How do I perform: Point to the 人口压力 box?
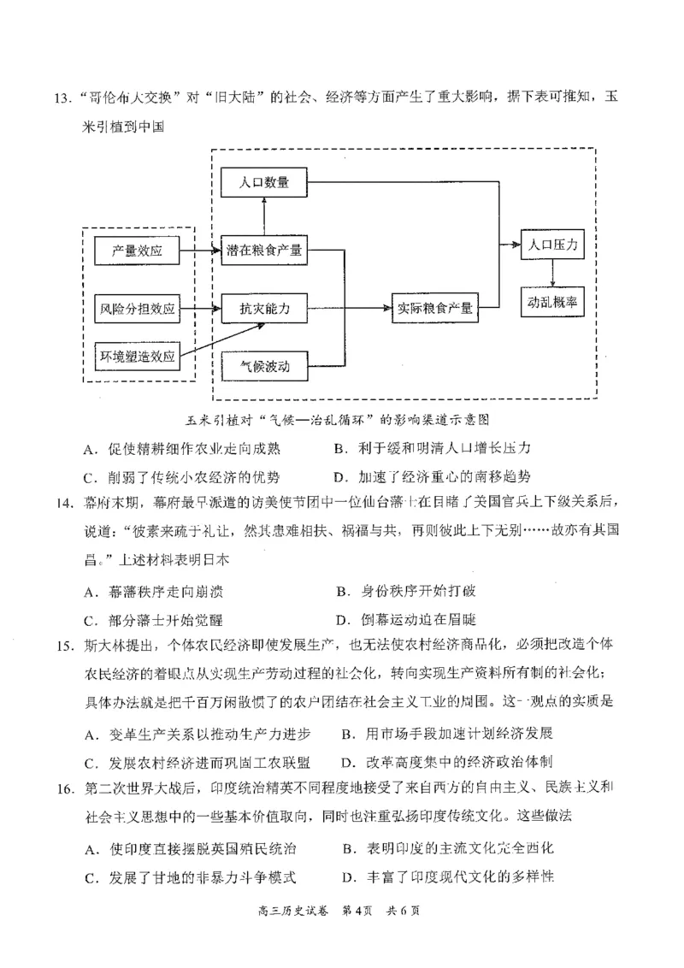click(553, 246)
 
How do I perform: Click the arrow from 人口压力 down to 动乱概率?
click(553, 273)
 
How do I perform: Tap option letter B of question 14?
click(343, 590)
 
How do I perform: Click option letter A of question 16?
click(89, 849)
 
